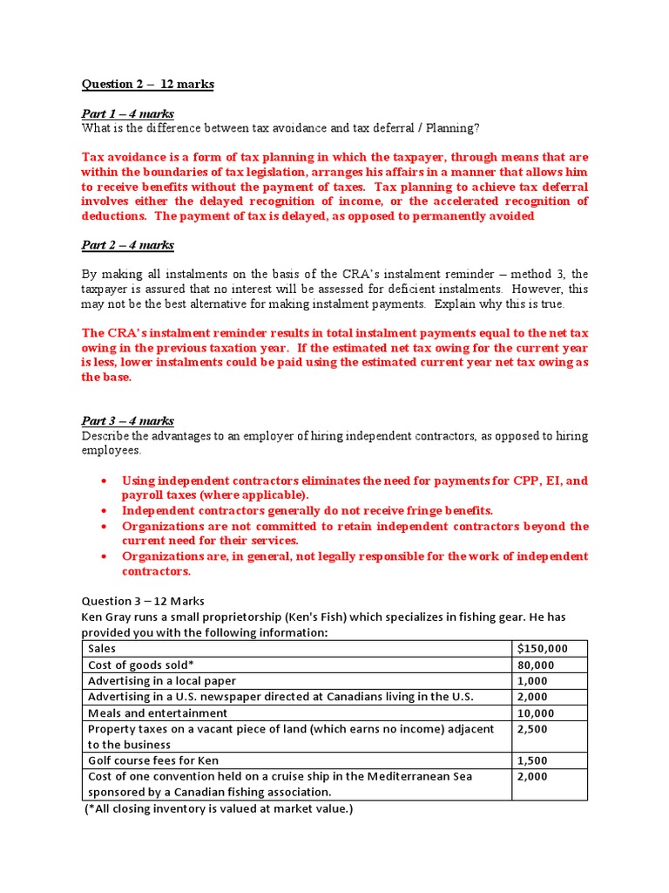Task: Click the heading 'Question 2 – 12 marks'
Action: coord(147,85)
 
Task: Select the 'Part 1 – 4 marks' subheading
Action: coord(127,114)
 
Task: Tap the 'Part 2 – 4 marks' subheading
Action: coord(127,245)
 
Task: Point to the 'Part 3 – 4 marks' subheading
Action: coord(127,421)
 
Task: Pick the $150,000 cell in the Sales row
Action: coord(542,649)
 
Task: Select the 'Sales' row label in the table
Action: coord(102,649)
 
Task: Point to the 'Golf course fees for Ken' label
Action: coord(152,760)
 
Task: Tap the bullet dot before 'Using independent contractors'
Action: coord(105,481)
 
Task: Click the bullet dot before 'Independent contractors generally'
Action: coord(105,510)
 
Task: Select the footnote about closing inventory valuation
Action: coord(219,809)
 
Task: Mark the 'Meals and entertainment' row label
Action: coord(158,712)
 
